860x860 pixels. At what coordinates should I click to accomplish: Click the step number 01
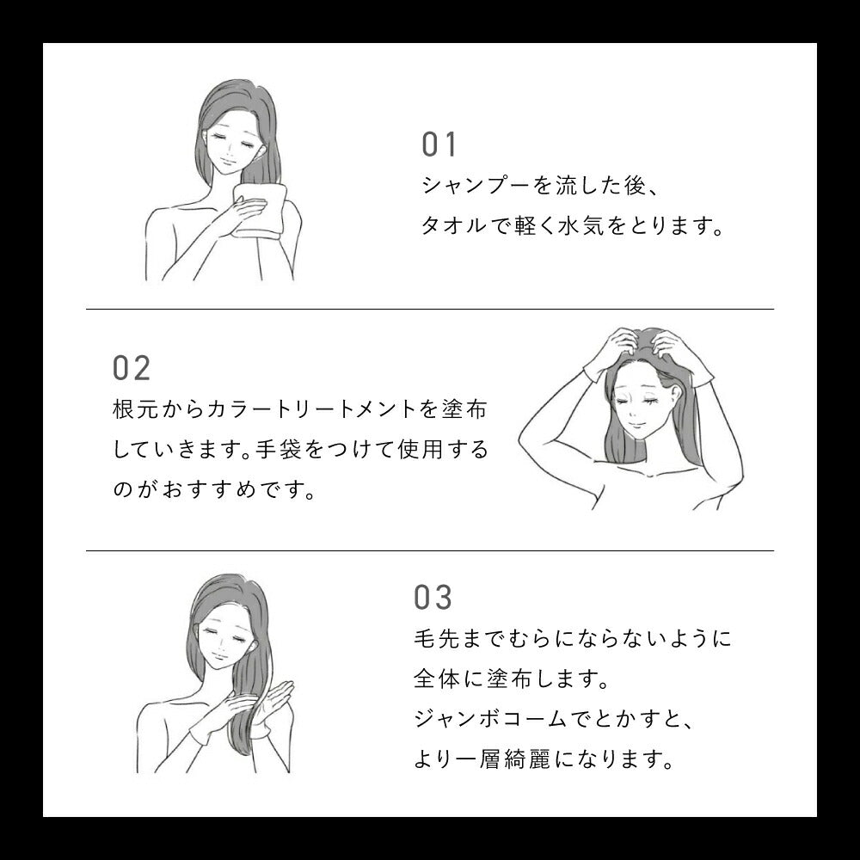tap(439, 144)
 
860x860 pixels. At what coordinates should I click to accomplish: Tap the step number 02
tap(132, 368)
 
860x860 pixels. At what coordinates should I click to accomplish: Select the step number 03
tap(433, 598)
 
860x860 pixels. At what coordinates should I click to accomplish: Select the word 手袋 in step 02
tap(278, 449)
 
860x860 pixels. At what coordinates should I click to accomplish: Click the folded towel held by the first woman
tap(260, 211)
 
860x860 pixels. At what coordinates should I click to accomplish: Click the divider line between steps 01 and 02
tap(430, 310)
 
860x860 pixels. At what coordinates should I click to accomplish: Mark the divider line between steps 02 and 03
tap(430, 550)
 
